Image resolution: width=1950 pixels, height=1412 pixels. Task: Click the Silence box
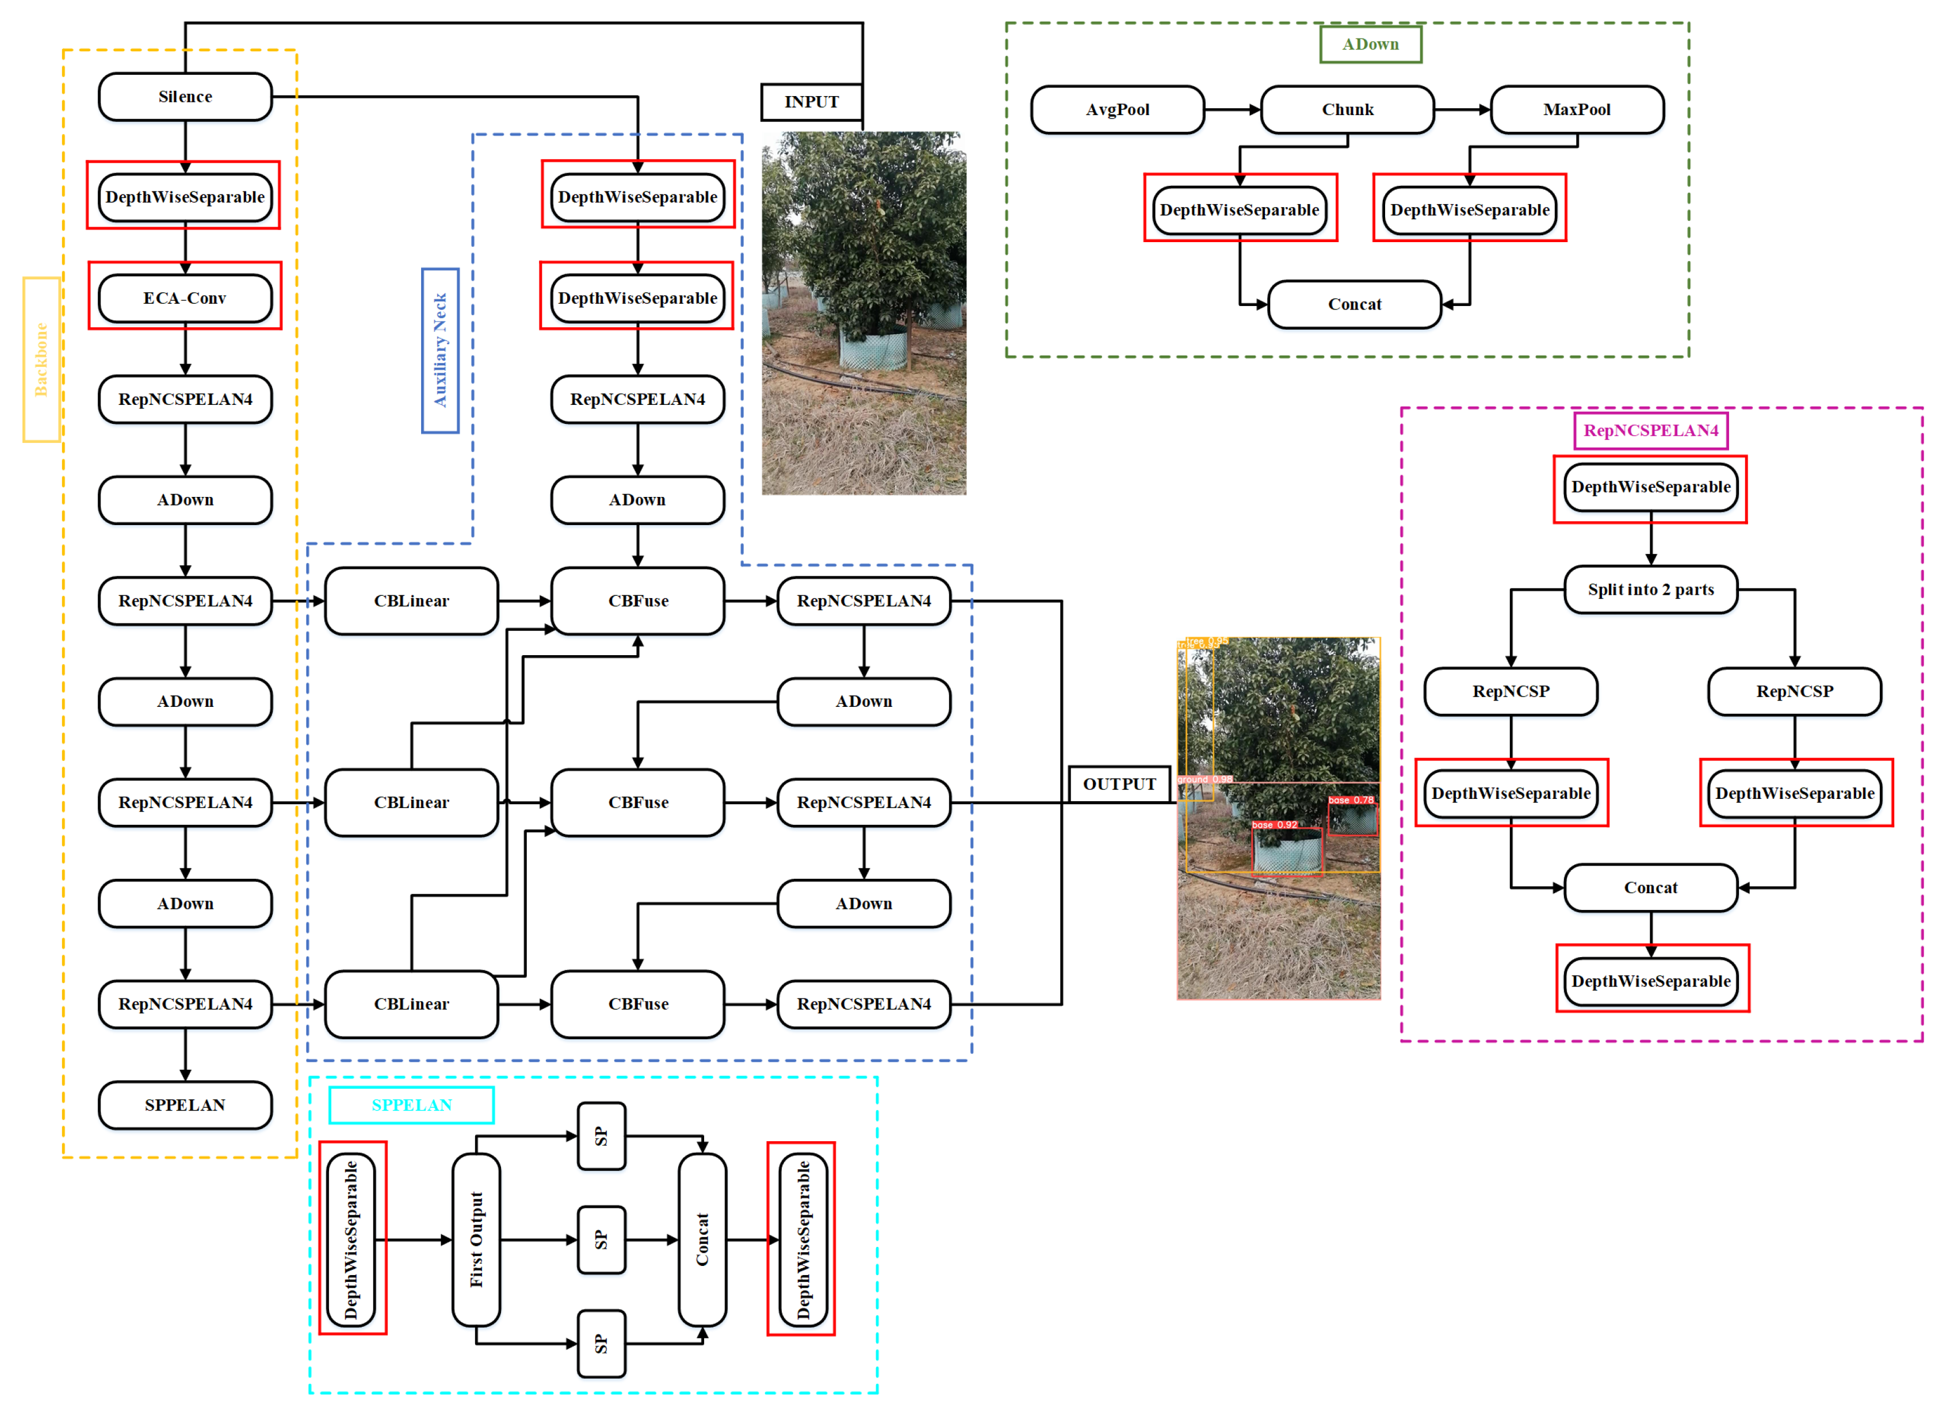point(185,96)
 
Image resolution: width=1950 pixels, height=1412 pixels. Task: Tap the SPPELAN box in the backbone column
point(185,1104)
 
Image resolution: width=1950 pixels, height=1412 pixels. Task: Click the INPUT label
point(811,101)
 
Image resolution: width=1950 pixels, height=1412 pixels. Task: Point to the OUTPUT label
point(1119,783)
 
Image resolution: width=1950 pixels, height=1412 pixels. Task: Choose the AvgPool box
point(1117,109)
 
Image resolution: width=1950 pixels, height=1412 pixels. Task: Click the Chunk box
point(1347,109)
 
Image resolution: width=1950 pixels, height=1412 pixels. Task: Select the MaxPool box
point(1577,109)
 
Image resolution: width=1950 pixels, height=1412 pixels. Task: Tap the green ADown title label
point(1371,44)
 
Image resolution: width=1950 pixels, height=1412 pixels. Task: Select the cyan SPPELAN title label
point(411,1104)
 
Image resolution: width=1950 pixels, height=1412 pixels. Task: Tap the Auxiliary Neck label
point(439,350)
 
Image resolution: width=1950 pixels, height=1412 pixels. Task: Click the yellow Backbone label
point(40,359)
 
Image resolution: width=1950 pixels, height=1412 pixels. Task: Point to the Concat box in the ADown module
point(1354,304)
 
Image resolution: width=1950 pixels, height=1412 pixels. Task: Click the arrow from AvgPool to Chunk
point(1232,109)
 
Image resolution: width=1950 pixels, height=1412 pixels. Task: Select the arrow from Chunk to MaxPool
point(1462,109)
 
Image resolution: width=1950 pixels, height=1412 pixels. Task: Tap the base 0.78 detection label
point(1351,799)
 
